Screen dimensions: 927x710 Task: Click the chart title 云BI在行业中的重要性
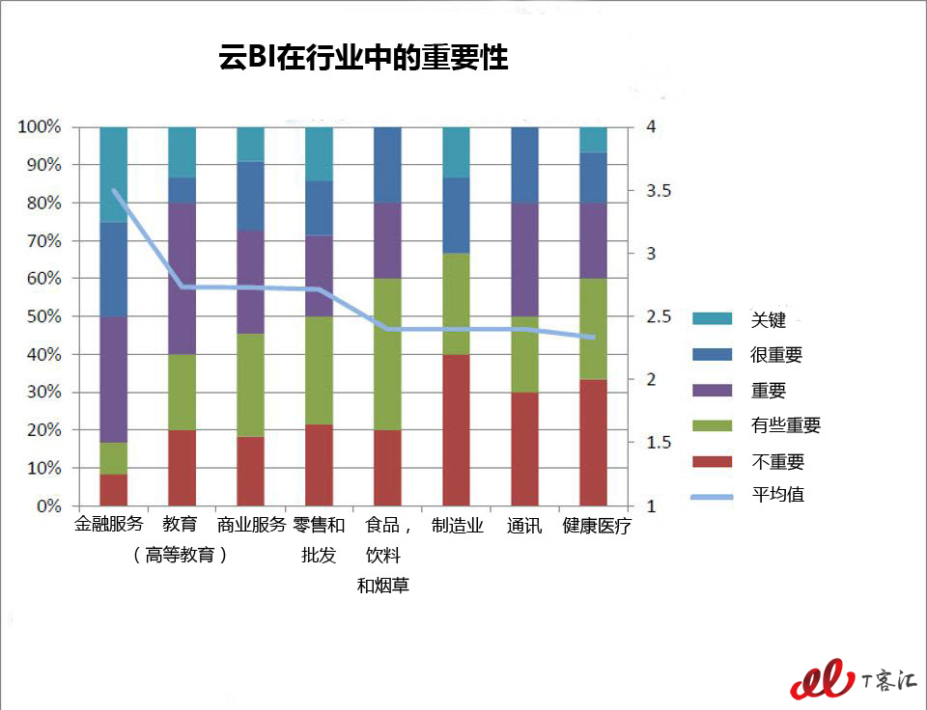[x=363, y=58]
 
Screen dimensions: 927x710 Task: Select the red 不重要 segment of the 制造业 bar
[x=457, y=430]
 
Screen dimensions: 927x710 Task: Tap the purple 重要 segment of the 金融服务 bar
[x=114, y=379]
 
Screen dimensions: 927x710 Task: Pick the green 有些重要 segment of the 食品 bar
[x=388, y=354]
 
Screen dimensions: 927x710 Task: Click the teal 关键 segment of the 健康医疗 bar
[x=593, y=140]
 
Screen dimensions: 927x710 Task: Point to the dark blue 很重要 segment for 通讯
[x=525, y=165]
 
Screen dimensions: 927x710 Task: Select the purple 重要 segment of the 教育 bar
[x=183, y=279]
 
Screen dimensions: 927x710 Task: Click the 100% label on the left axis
[x=40, y=126]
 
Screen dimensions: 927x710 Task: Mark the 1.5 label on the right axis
[x=659, y=443]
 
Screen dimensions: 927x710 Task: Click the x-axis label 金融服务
[x=109, y=524]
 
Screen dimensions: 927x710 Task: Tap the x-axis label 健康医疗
[x=597, y=525]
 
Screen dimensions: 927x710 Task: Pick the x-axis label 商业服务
[x=251, y=525]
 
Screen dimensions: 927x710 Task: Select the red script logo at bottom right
[x=823, y=679]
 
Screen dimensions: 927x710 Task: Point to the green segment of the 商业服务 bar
[x=251, y=385]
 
